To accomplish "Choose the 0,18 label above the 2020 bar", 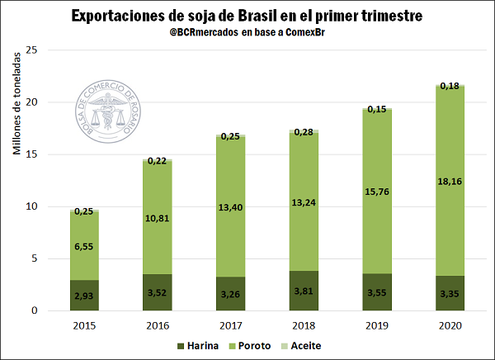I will (450, 86).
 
